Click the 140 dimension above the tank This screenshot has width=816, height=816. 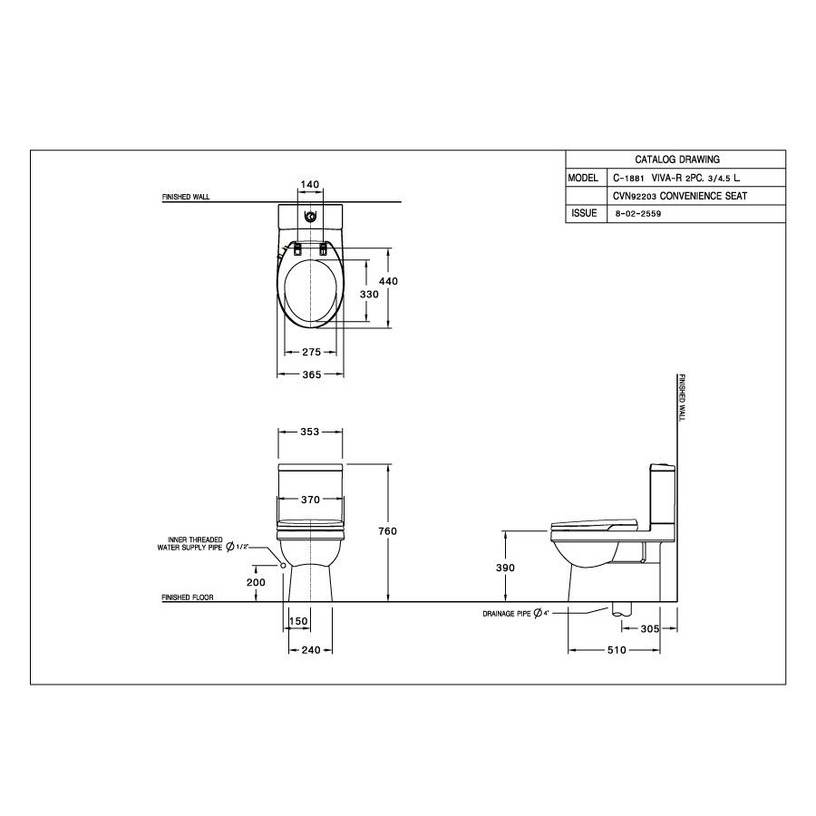pyautogui.click(x=310, y=184)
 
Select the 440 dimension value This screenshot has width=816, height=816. pyautogui.click(x=389, y=281)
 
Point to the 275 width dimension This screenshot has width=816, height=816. pyautogui.click(x=311, y=351)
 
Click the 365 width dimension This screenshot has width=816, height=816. pyautogui.click(x=310, y=374)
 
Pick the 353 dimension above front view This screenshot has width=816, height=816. pyautogui.click(x=309, y=432)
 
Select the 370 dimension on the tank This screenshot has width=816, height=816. pyautogui.click(x=310, y=500)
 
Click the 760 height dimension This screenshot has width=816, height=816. pyautogui.click(x=389, y=530)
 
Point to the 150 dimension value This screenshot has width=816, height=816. pyautogui.click(x=298, y=621)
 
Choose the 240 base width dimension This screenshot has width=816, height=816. pyautogui.click(x=309, y=649)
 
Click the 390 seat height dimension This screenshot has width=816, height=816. pyautogui.click(x=506, y=568)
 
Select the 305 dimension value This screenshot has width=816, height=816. pyautogui.click(x=648, y=628)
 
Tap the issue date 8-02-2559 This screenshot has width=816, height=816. pyautogui.click(x=636, y=214)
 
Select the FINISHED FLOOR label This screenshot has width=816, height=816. pyautogui.click(x=187, y=598)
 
